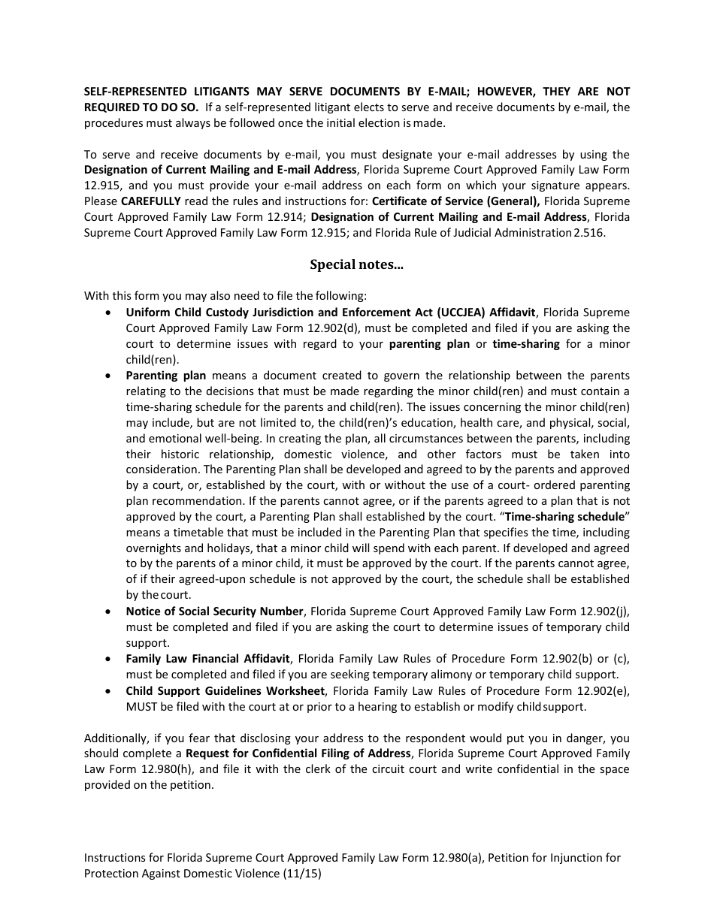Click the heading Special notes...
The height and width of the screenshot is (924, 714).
click(x=356, y=264)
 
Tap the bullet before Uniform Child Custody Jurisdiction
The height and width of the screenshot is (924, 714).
click(x=110, y=313)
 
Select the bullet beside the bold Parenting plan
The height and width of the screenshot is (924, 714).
click(x=110, y=376)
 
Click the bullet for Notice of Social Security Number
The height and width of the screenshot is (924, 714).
click(x=110, y=611)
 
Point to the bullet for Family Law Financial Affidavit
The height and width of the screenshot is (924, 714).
click(x=110, y=659)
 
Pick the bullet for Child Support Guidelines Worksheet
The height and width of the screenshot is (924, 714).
click(x=110, y=691)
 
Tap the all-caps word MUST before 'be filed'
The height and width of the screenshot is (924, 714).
click(x=141, y=707)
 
